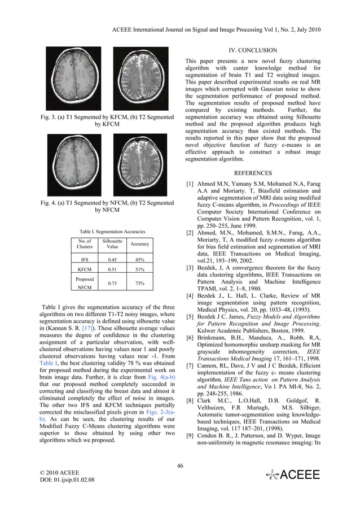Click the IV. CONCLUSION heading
click(x=253, y=50)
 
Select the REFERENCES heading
click(x=253, y=172)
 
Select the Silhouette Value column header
click(x=116, y=244)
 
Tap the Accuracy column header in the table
click(x=139, y=244)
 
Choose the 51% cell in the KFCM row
click(x=139, y=270)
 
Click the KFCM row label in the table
click(x=85, y=270)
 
